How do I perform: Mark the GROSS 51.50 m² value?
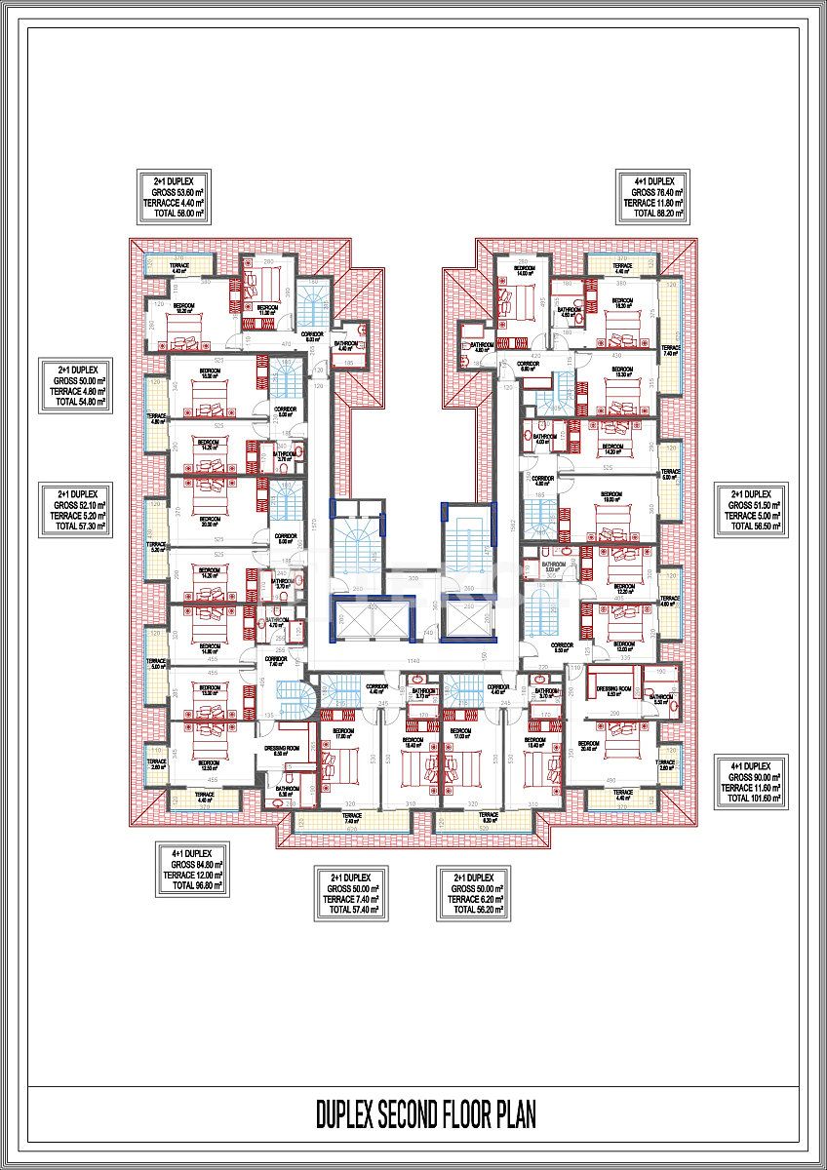749,505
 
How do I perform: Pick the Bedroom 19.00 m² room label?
611,494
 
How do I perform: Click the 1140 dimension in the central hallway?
414,660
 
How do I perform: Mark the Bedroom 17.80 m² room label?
341,733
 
